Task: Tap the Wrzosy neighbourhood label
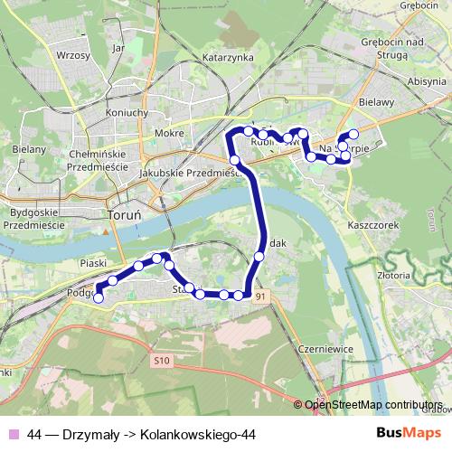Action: click(72, 55)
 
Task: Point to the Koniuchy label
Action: click(127, 112)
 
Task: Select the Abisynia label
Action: click(427, 80)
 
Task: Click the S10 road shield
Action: click(161, 362)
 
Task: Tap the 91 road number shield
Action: click(261, 296)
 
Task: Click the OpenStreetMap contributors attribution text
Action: click(373, 404)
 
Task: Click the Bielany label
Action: click(29, 148)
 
